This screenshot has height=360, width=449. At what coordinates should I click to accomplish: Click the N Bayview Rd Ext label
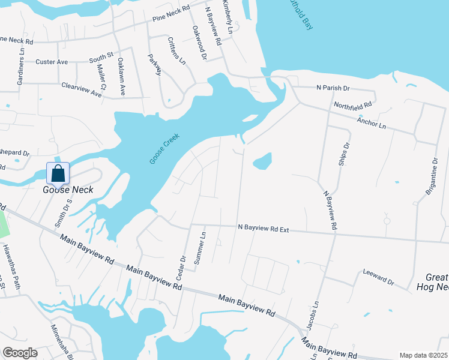coord(264,228)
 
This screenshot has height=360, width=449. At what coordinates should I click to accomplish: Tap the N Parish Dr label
coord(333,88)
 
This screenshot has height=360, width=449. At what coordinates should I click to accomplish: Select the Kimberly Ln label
coord(228,17)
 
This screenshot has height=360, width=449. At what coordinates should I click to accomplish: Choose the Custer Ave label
coord(52,62)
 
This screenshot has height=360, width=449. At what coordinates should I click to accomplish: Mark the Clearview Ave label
coord(82,89)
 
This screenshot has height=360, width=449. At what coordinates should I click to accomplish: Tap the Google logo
coord(20,353)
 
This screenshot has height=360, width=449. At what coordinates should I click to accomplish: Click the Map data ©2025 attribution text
coord(423,355)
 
